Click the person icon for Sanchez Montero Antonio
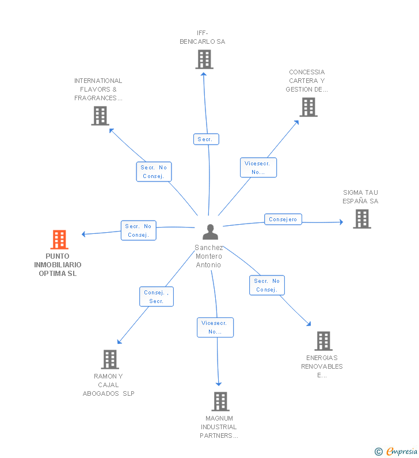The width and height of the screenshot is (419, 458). click(211, 232)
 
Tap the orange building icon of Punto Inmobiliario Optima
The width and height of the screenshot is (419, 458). click(59, 239)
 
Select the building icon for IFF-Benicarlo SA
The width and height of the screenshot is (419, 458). click(204, 59)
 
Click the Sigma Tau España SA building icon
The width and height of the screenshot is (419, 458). click(361, 219)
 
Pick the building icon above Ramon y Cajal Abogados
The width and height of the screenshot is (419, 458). click(109, 359)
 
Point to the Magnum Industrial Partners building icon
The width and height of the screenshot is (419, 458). click(220, 402)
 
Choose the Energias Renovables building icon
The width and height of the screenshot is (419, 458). click(323, 341)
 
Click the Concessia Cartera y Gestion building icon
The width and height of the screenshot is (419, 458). click(308, 107)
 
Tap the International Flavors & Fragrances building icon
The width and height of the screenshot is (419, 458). click(100, 116)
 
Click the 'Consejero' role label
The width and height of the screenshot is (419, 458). click(283, 219)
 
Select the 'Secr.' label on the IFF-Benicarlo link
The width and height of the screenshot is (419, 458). click(205, 139)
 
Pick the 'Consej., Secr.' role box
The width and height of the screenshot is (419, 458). click(157, 297)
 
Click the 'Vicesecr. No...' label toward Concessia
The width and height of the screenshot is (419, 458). click(258, 168)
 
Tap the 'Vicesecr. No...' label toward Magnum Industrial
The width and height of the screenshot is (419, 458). click(215, 327)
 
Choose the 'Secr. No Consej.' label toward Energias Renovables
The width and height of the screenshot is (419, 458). click(267, 285)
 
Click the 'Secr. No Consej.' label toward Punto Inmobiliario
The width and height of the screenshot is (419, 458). click(138, 230)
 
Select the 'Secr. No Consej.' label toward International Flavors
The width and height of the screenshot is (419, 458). click(154, 172)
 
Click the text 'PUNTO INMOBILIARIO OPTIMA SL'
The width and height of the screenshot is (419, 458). click(58, 265)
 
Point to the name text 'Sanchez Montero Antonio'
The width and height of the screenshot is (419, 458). click(208, 256)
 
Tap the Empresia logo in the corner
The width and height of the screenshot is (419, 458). click(397, 451)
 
